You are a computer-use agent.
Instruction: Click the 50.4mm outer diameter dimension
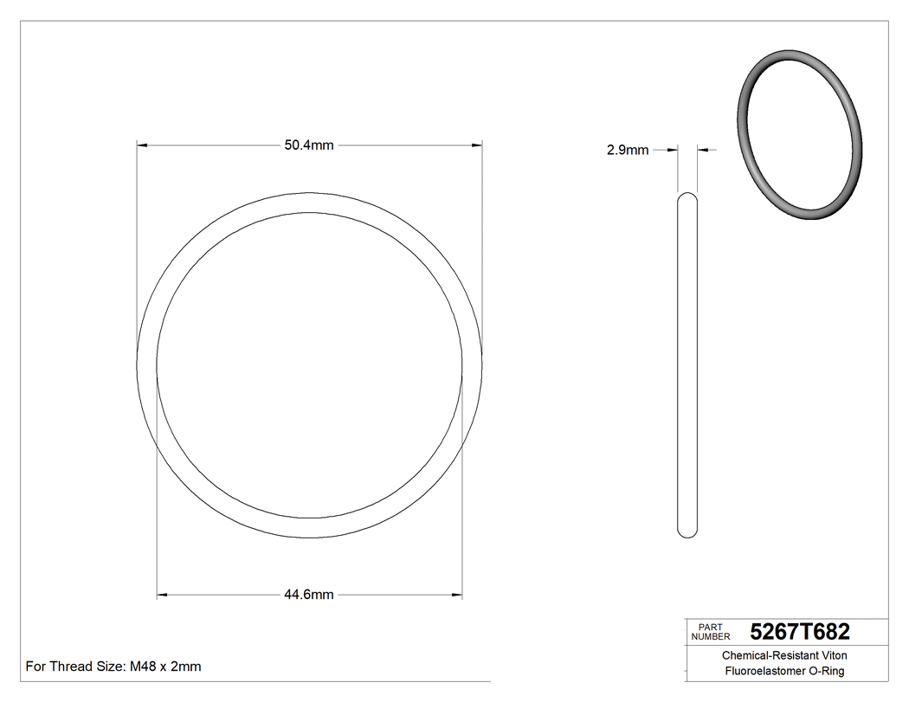tap(309, 145)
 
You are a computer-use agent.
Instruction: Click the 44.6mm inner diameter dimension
tap(309, 595)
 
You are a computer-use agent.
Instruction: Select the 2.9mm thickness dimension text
tap(628, 150)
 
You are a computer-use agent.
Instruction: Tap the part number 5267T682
tap(800, 631)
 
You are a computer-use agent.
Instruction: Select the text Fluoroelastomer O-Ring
tap(784, 671)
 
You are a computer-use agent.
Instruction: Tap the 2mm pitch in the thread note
tap(185, 667)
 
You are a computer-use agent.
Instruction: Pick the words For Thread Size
tap(75, 667)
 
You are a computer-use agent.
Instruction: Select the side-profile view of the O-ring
tap(687, 364)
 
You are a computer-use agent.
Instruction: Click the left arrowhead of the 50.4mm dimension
tap(143, 145)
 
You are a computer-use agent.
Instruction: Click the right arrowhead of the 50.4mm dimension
tap(476, 145)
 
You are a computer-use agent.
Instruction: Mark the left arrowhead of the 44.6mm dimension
tap(162, 595)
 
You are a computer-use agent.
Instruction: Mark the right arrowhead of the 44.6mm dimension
tap(457, 595)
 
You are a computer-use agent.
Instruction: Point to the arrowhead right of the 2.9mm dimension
tap(703, 150)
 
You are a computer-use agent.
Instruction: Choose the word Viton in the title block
tap(832, 656)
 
